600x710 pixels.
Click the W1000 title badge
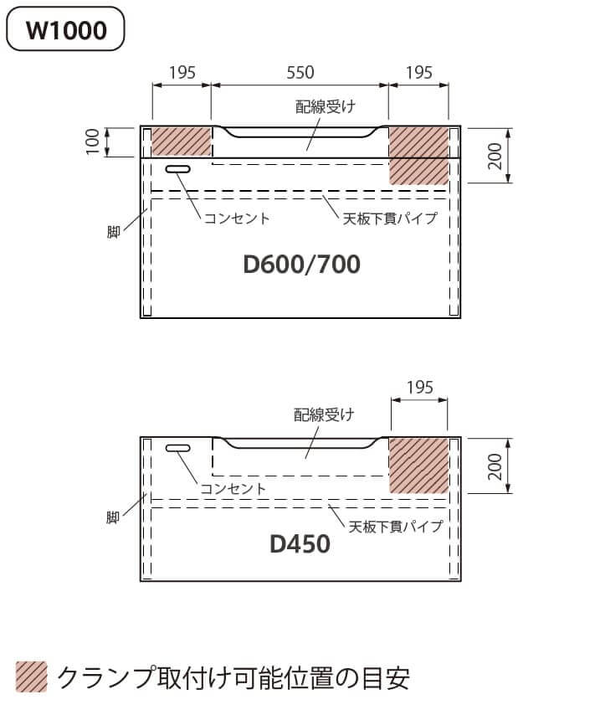(65, 28)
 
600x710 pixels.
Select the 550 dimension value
(300, 73)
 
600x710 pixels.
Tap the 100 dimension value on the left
(93, 141)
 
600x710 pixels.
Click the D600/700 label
(302, 265)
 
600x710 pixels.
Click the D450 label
(300, 544)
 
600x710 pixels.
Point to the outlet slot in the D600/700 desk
(178, 169)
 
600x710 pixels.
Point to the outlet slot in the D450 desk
(178, 448)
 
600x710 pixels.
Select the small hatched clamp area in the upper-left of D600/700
(182, 141)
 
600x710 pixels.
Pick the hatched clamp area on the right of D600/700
(419, 156)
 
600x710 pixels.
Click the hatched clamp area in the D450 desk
(419, 466)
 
